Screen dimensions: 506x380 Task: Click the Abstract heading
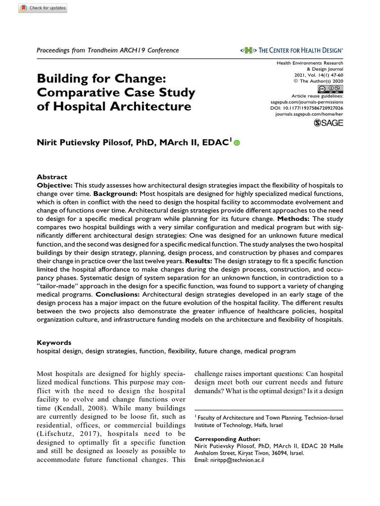[x=52, y=176]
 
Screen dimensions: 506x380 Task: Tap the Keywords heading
[x=54, y=342]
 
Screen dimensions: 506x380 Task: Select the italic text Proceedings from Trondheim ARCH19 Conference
[x=108, y=50]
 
